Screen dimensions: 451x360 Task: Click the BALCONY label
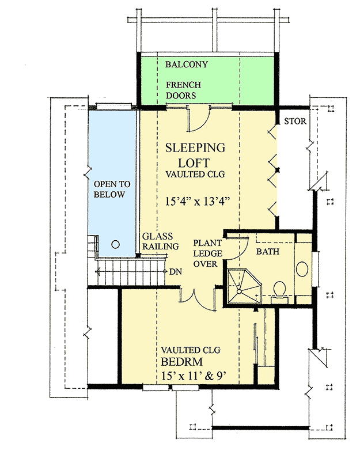[187, 65]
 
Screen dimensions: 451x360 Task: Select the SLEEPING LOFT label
[195, 155]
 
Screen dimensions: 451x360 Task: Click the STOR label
[295, 122]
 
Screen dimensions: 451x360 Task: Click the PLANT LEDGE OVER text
[204, 253]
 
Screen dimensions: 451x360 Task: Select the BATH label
[267, 252]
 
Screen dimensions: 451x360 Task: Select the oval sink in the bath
[303, 269]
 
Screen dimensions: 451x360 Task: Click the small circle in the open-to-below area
[115, 244]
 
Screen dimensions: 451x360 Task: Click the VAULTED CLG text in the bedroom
[191, 349]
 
